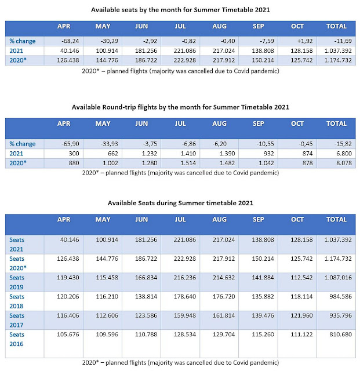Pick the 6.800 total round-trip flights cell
coord(336,154)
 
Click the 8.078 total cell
coord(336,163)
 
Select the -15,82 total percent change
coord(336,144)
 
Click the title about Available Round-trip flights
coord(179,107)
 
